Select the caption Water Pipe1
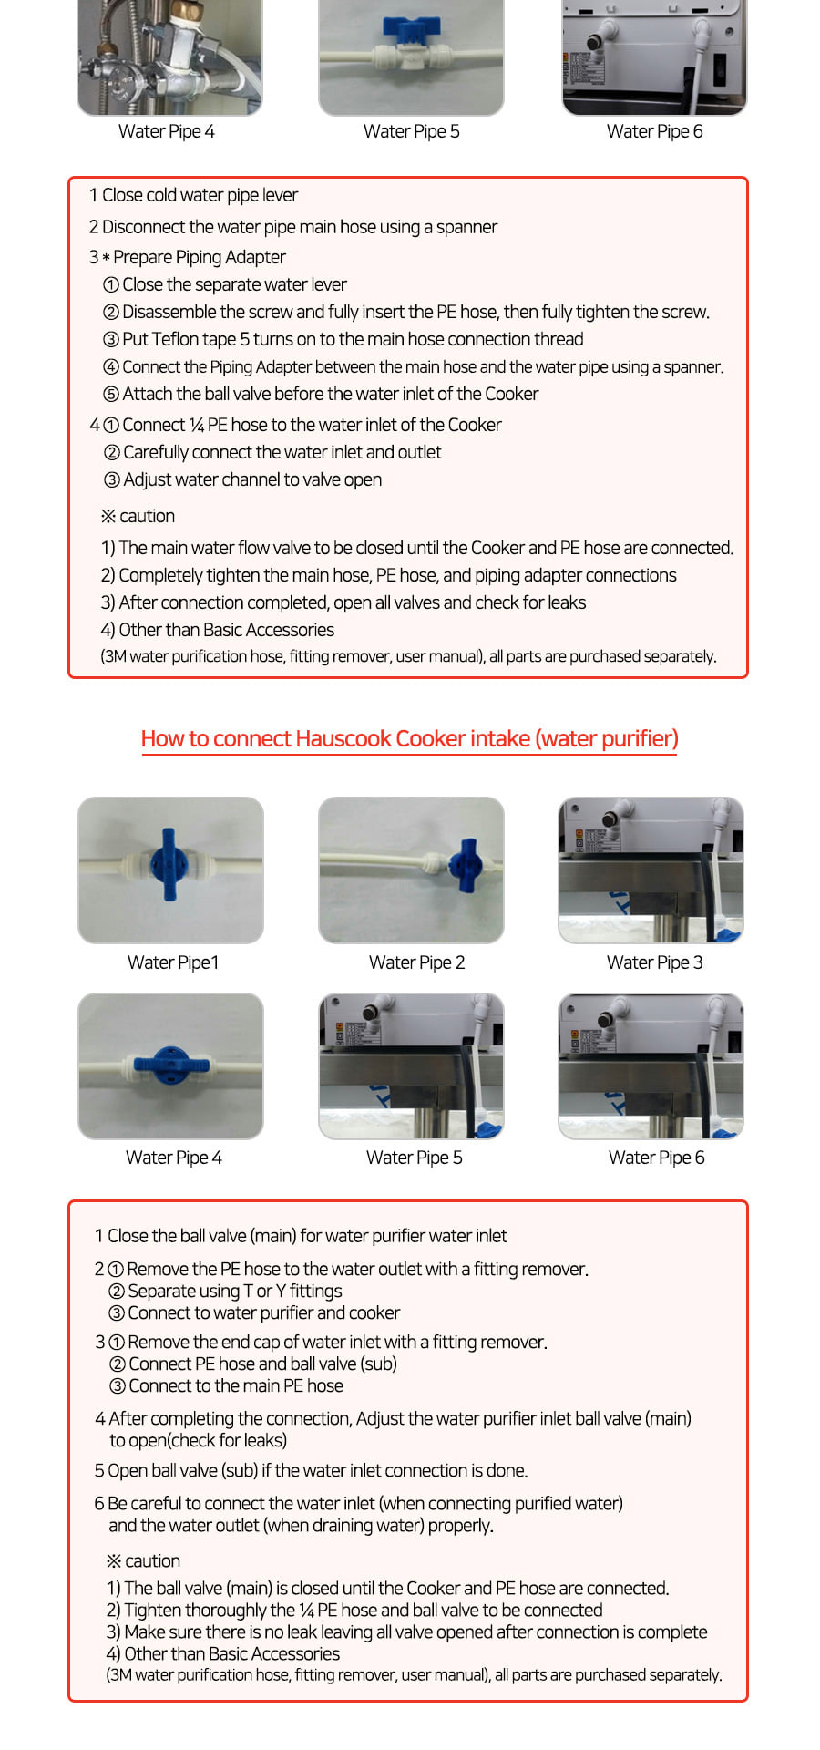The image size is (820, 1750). tap(173, 962)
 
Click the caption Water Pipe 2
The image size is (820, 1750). tap(416, 962)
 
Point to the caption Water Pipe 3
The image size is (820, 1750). tap(655, 962)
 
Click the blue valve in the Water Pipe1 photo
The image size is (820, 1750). tap(169, 863)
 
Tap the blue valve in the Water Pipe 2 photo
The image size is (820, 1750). tap(466, 864)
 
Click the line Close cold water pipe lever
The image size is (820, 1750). tap(193, 195)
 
